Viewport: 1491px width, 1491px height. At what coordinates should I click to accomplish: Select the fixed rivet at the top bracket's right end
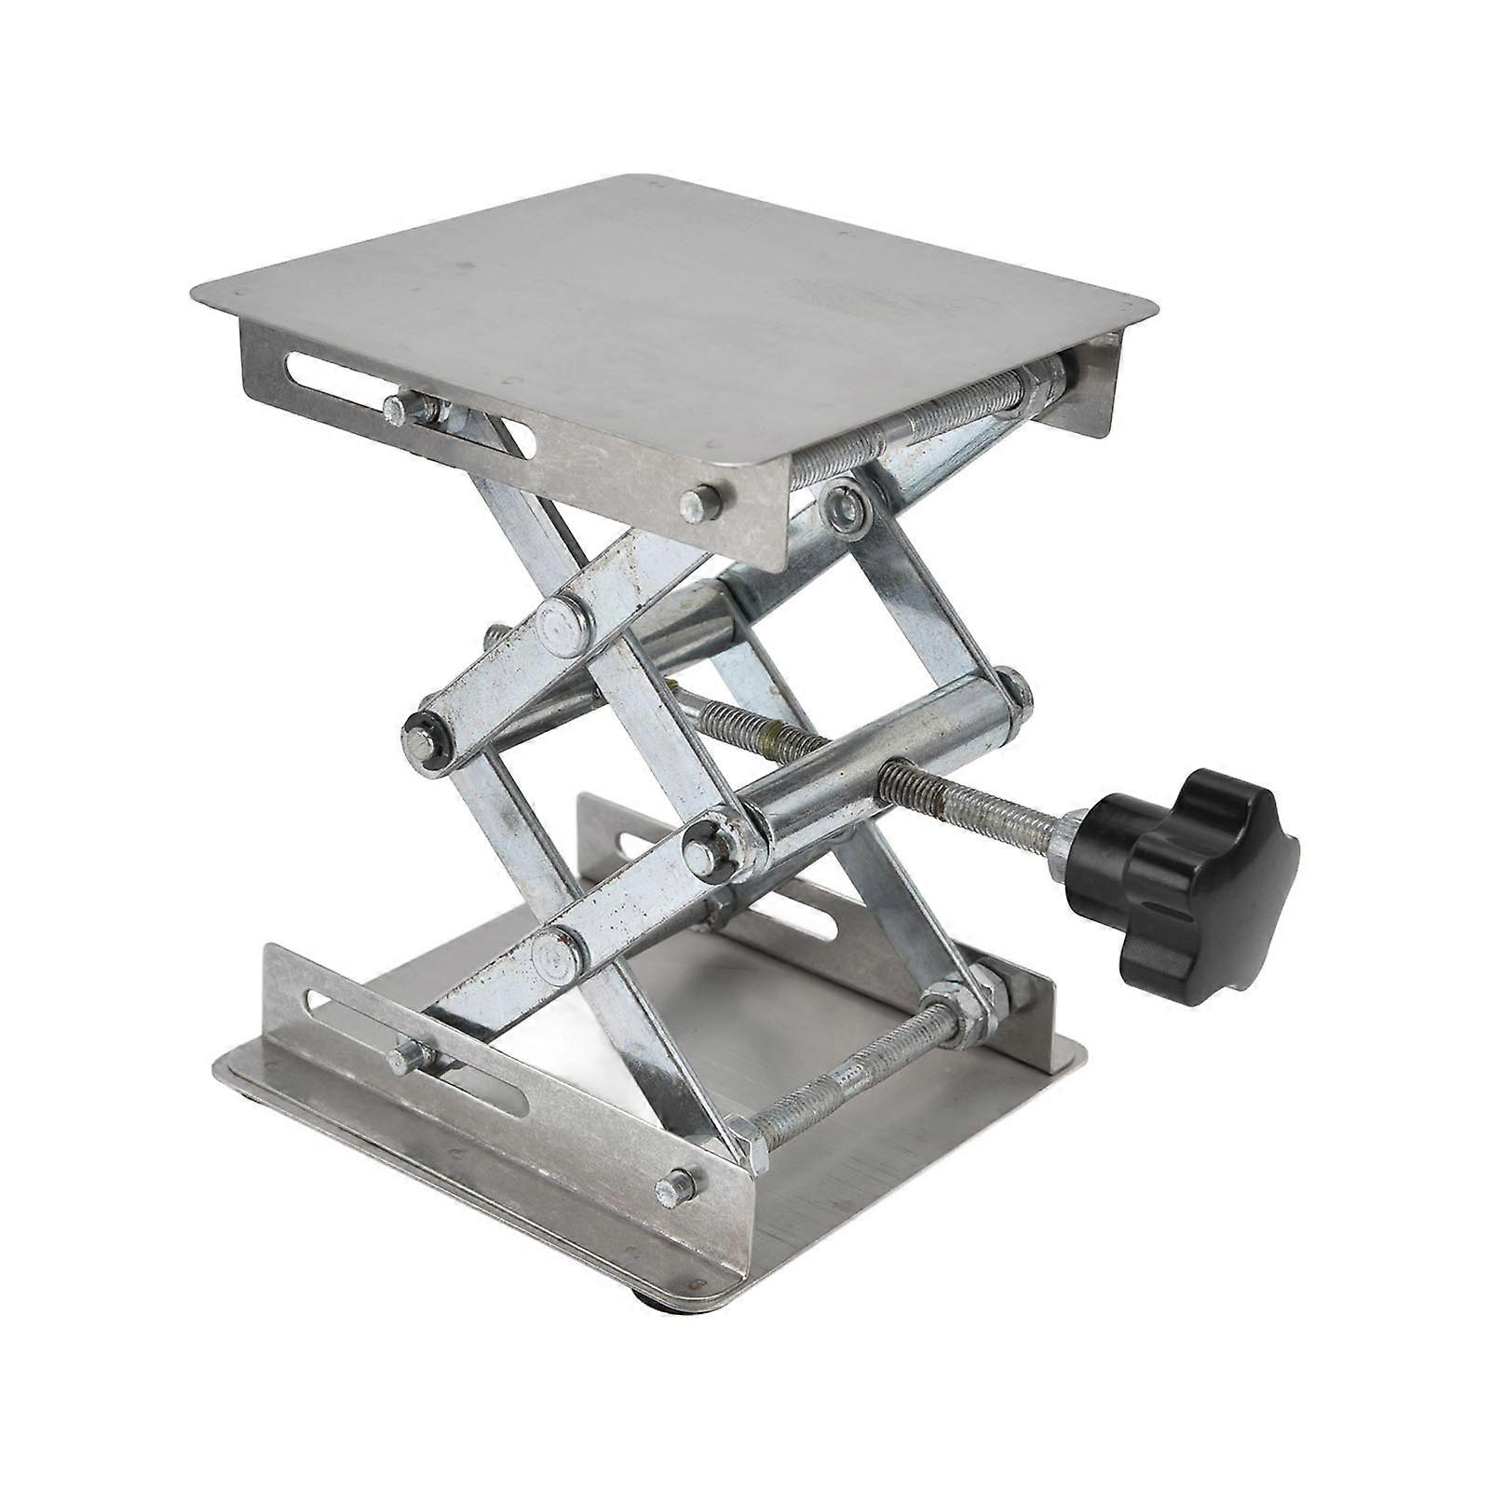point(700,504)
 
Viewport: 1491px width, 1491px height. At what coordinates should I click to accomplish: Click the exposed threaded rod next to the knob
point(978,801)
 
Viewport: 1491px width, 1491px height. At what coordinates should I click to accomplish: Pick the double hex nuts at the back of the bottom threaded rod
point(964,1001)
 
